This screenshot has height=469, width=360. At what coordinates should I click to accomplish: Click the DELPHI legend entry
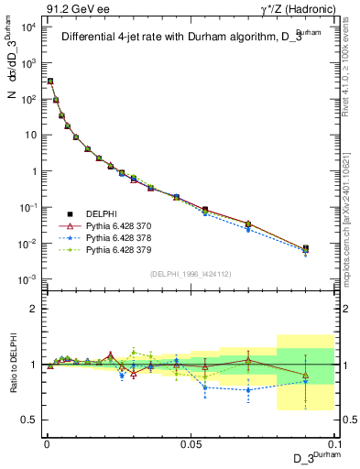coord(104,213)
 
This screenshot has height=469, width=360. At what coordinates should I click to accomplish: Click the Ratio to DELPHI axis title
coord(12,364)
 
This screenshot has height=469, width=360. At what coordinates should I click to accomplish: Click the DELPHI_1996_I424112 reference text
coord(189,273)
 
